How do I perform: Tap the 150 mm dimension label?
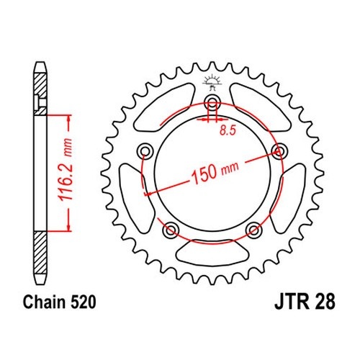215,171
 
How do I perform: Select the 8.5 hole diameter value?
228,130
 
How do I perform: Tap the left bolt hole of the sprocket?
145,151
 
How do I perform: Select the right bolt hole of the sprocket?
279,150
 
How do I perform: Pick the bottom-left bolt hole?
171,229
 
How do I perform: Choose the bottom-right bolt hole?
253,229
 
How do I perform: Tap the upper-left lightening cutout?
164,107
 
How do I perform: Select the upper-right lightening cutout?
261,107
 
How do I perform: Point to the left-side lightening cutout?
135,198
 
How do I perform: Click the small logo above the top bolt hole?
212,82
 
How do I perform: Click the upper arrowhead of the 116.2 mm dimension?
69,119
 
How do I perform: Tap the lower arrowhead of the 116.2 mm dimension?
69,228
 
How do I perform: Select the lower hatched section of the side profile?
40,253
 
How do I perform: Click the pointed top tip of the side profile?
40,63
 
